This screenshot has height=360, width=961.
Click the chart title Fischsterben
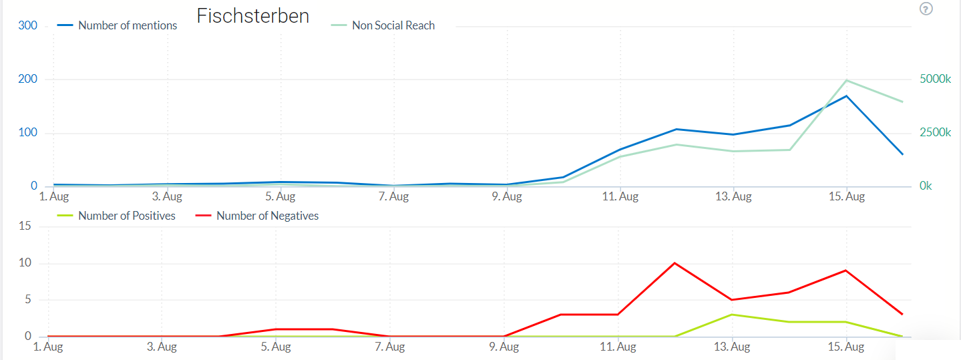tap(252, 16)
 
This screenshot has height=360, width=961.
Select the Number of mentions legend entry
tap(127, 25)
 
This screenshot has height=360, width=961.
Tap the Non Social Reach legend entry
tap(393, 25)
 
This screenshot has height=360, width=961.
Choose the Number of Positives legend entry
tap(126, 216)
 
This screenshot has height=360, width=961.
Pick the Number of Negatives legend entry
tap(267, 216)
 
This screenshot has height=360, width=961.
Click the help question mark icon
tap(926, 9)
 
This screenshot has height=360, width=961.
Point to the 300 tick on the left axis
tap(28, 26)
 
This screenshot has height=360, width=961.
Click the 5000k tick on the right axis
tap(935, 79)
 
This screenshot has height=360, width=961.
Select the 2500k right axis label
tap(935, 132)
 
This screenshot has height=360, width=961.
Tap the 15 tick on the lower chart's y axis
tap(25, 226)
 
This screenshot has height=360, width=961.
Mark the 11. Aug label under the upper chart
tap(620, 196)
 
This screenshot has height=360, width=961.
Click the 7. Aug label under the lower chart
tap(390, 347)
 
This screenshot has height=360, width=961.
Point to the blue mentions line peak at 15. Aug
tap(847, 96)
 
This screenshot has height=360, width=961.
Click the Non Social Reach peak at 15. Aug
tap(847, 80)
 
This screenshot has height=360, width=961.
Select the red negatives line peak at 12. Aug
tap(675, 263)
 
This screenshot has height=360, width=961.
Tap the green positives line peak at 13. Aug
tap(733, 315)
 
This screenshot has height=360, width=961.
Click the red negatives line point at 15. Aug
tap(847, 271)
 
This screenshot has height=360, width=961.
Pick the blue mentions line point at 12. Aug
tap(676, 129)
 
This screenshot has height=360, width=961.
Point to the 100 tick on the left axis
tap(28, 133)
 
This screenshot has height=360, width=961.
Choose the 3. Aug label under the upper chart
tap(167, 196)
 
